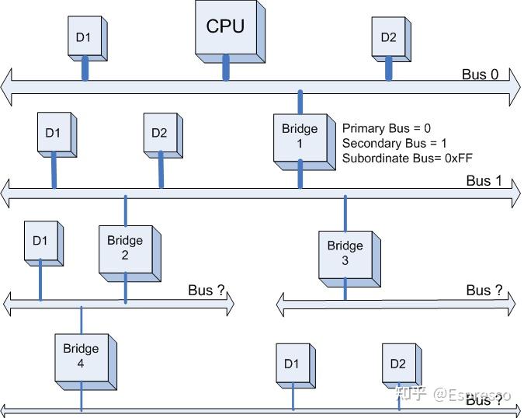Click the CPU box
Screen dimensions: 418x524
(x=225, y=28)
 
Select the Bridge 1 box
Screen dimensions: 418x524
(x=299, y=137)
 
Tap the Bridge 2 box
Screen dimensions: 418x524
(x=125, y=249)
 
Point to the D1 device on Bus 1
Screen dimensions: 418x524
(x=53, y=134)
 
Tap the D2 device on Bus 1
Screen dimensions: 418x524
(x=159, y=134)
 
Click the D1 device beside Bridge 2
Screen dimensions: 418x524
(x=40, y=242)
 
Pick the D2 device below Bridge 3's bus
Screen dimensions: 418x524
(x=398, y=364)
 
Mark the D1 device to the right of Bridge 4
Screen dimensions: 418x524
(x=292, y=364)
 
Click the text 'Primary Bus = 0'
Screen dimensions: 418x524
(x=386, y=128)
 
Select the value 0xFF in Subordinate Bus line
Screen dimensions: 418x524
(x=456, y=158)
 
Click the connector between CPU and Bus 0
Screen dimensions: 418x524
(x=226, y=67)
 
